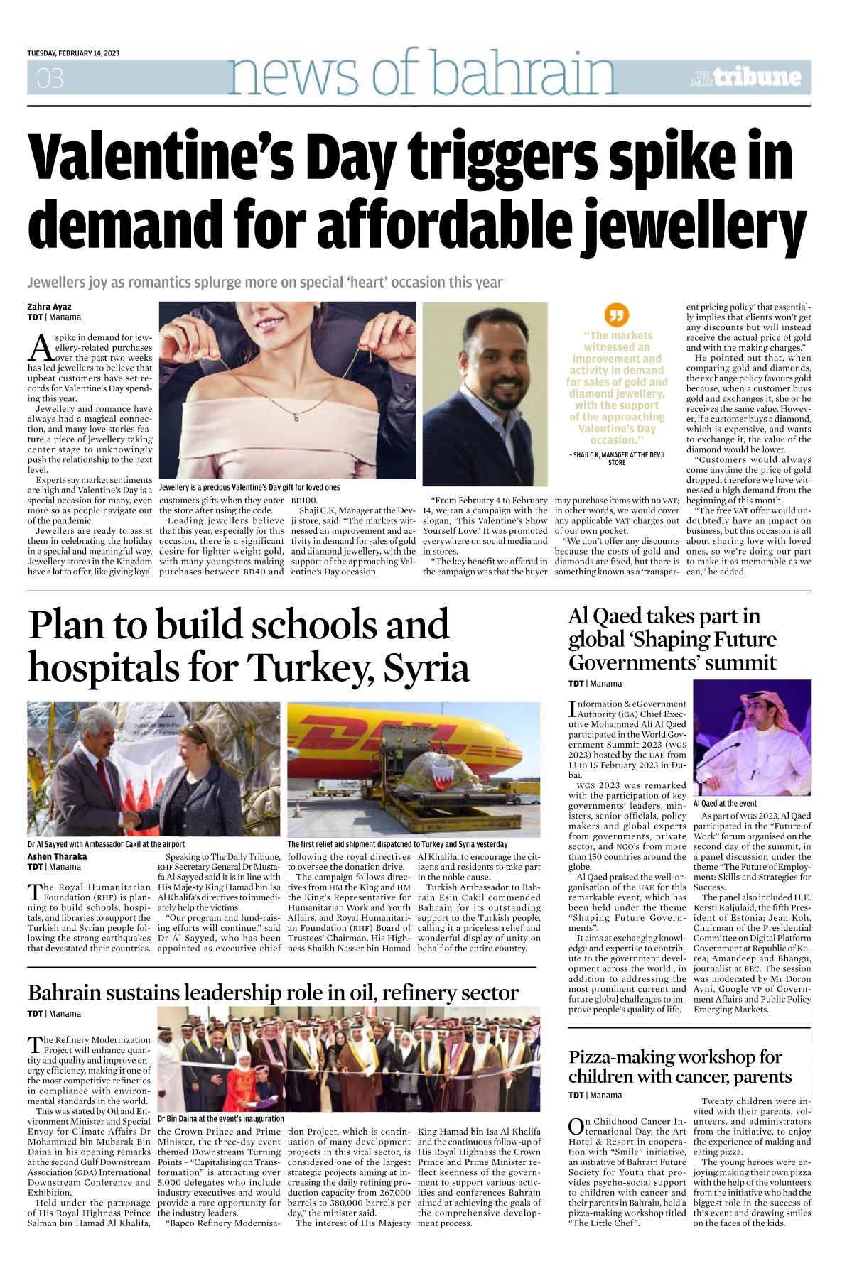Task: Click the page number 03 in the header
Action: (x=50, y=78)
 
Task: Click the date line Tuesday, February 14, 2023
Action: (x=73, y=53)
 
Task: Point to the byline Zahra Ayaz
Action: (x=50, y=307)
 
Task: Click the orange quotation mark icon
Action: (x=617, y=314)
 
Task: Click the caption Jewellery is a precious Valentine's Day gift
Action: (x=249, y=487)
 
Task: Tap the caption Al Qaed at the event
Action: (x=725, y=803)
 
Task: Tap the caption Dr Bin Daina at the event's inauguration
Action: (x=221, y=1118)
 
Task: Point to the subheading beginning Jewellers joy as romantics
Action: (x=265, y=283)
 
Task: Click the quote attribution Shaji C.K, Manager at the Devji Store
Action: (x=617, y=459)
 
